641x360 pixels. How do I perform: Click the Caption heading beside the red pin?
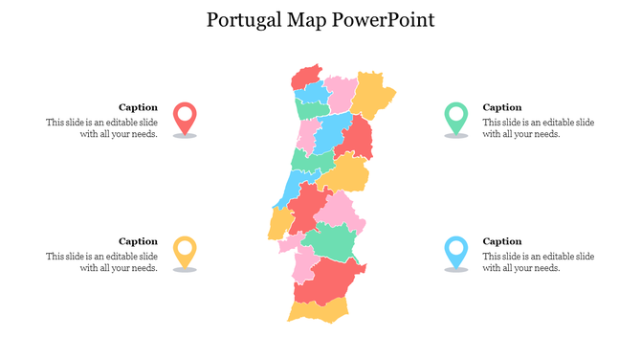click(x=138, y=107)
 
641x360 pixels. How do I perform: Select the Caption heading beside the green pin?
click(x=502, y=107)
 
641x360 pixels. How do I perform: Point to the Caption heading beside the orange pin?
click(x=138, y=241)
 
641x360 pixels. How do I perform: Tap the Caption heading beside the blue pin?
click(x=502, y=241)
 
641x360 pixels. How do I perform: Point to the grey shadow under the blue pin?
click(x=456, y=270)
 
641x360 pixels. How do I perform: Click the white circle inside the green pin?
click(x=456, y=113)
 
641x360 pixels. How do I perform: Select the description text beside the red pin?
click(x=102, y=128)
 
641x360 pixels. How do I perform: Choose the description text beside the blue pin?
click(x=538, y=262)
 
